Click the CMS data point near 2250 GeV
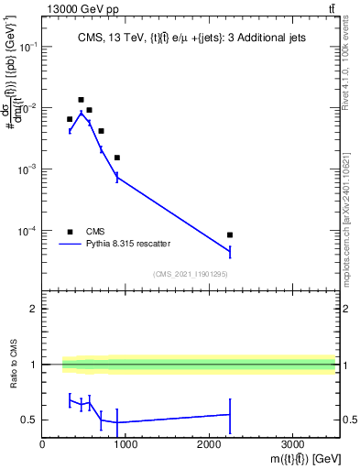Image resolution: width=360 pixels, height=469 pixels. click(230, 235)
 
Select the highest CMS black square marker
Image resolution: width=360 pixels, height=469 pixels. click(81, 100)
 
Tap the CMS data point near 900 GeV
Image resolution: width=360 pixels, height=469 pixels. click(117, 158)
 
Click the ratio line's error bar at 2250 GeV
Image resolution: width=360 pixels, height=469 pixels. click(230, 415)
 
